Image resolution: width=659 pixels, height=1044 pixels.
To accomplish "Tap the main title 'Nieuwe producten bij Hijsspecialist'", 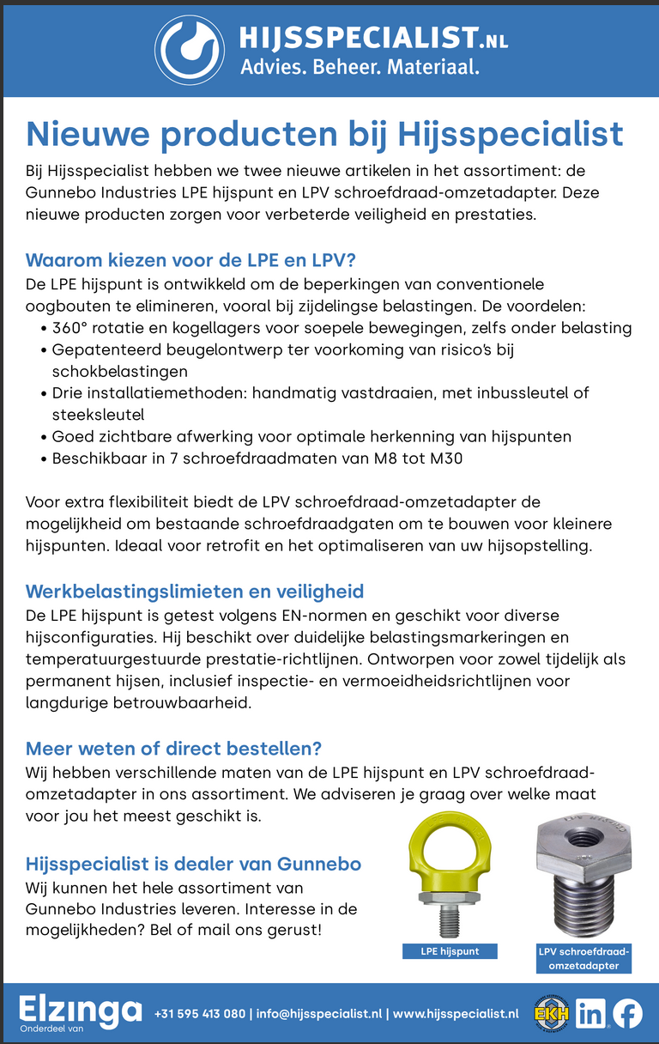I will click(324, 134).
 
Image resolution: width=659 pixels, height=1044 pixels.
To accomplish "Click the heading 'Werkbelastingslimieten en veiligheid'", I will click(195, 591).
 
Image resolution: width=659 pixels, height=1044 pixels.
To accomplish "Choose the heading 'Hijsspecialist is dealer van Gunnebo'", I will click(193, 863).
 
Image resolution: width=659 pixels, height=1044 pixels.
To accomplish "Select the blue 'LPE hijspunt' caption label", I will click(450, 950).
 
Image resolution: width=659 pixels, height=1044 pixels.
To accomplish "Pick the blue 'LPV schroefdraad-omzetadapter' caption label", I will click(583, 958).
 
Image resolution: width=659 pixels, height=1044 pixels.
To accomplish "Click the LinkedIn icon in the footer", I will click(590, 1014).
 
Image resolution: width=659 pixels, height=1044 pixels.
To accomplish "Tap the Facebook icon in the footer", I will click(626, 1014).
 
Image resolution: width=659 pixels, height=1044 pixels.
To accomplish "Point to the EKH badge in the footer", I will click(551, 1014).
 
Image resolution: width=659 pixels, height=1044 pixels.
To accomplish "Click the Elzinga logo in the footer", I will click(79, 1010).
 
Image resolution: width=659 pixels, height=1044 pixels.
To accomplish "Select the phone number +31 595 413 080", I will click(199, 1014).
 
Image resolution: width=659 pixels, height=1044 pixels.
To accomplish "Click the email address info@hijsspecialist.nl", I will click(317, 1014).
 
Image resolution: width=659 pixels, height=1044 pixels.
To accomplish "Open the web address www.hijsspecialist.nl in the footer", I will click(456, 1014).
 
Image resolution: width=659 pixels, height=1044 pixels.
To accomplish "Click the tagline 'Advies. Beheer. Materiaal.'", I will click(360, 65).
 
